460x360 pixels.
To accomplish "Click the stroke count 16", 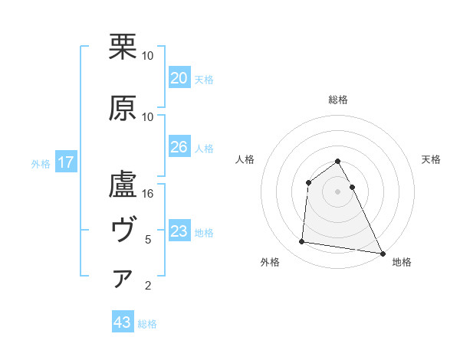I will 148,195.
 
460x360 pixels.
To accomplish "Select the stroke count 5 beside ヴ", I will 148,240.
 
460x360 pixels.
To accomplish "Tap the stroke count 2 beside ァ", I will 148,286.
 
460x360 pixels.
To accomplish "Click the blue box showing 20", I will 179,78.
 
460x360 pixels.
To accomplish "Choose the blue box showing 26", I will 179,147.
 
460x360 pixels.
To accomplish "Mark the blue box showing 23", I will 179,231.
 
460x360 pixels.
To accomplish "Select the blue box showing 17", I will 65,162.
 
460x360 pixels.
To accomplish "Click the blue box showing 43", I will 122,322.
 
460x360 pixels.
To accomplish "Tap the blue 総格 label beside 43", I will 147,324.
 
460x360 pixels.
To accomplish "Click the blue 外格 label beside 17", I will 41,163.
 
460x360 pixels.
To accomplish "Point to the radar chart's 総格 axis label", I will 337,100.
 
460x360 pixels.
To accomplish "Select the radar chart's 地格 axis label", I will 402,263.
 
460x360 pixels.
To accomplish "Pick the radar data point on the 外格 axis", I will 302,242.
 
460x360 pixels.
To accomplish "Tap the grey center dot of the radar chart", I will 337,191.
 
